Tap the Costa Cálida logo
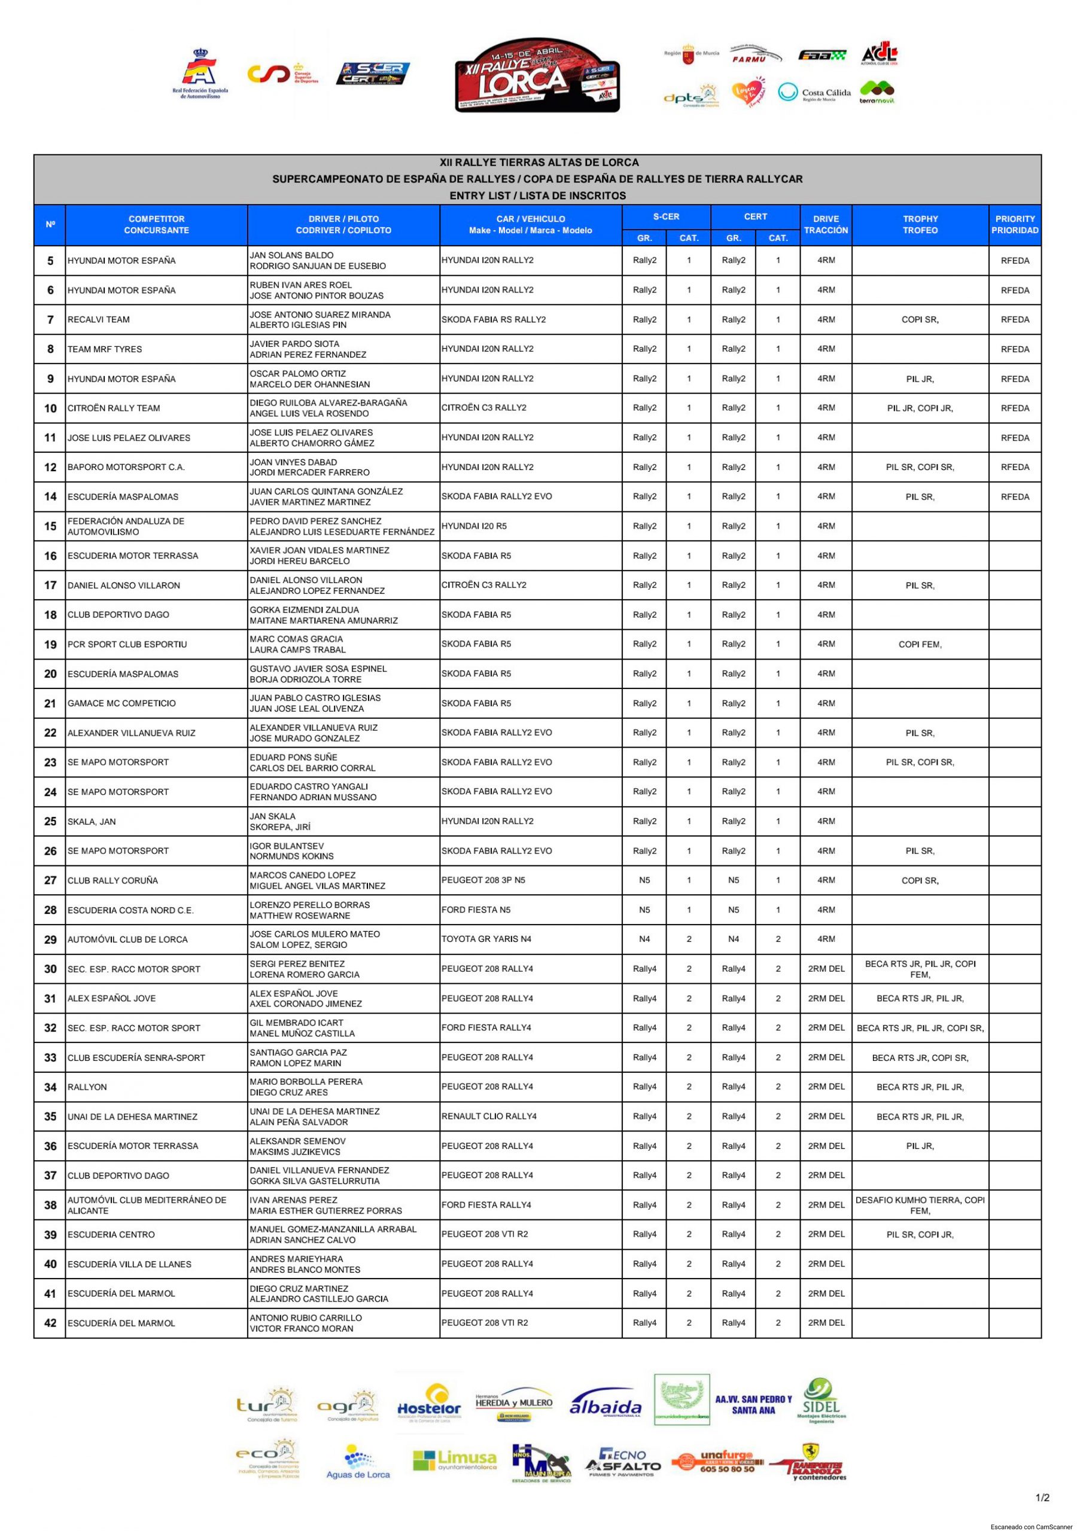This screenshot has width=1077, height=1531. [814, 93]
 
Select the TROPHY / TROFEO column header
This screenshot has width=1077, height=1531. [920, 225]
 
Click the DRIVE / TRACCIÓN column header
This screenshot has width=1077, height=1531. [826, 225]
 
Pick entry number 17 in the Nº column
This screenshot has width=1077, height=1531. [50, 585]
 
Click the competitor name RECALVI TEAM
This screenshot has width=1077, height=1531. [99, 319]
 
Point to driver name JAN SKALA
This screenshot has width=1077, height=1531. [272, 816]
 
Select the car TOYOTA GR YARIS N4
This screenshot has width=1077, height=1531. [486, 939]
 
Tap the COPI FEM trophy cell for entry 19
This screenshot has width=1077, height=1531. [920, 644]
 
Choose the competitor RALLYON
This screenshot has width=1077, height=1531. [87, 1087]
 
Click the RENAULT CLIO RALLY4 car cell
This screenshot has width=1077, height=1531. [489, 1116]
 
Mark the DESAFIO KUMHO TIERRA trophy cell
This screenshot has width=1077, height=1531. [920, 1205]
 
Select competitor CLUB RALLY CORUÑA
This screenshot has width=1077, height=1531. [112, 880]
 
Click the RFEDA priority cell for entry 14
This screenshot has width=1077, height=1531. [1014, 497]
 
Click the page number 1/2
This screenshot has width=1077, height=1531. [1042, 1498]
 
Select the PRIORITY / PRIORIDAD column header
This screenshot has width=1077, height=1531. [1014, 225]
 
